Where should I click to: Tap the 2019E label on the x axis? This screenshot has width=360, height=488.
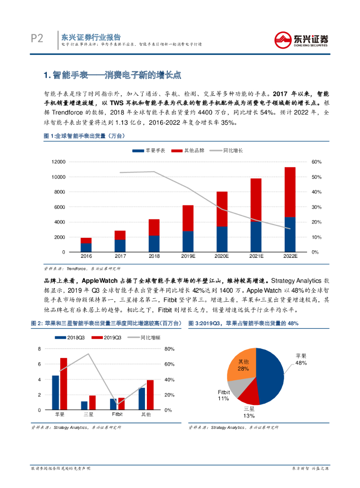coord(188,256)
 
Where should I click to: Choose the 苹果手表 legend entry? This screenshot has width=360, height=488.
coord(148,150)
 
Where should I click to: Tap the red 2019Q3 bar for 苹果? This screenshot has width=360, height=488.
coord(63,384)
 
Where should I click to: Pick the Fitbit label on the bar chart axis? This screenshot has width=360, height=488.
coord(117,415)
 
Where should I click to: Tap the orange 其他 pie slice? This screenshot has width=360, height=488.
coord(243,365)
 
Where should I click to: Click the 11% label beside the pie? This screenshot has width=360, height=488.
coord(223,398)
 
